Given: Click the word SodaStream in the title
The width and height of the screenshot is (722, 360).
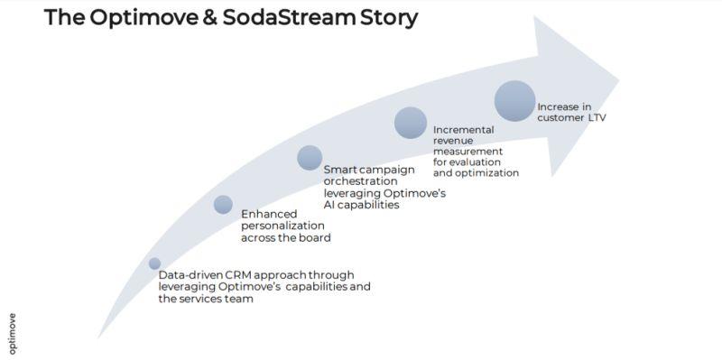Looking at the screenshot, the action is pyautogui.click(x=289, y=17).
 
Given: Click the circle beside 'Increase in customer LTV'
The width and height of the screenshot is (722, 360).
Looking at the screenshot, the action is pyautogui.click(x=514, y=101).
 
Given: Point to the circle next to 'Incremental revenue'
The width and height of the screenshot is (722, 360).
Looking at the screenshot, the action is pyautogui.click(x=411, y=123).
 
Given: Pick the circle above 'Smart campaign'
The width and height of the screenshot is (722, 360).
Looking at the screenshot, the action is pyautogui.click(x=310, y=157).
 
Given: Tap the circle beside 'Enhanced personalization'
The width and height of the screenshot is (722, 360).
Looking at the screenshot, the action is pyautogui.click(x=223, y=205).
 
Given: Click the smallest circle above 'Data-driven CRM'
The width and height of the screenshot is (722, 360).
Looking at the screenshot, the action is pyautogui.click(x=154, y=263).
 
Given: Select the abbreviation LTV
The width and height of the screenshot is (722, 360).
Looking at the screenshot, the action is pyautogui.click(x=597, y=118).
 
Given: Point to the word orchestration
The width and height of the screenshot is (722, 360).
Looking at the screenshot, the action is pyautogui.click(x=354, y=181).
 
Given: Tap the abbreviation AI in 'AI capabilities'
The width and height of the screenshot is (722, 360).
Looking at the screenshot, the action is pyautogui.click(x=329, y=205).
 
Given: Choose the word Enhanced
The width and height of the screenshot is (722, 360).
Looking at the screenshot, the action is pyautogui.click(x=269, y=214).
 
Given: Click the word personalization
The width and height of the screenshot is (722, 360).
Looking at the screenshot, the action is pyautogui.click(x=282, y=226).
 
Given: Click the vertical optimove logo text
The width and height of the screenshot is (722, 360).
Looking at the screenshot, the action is pyautogui.click(x=13, y=334).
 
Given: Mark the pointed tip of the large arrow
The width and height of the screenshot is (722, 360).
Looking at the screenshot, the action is pyautogui.click(x=619, y=80).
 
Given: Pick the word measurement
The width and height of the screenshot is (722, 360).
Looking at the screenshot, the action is pyautogui.click(x=467, y=152).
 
